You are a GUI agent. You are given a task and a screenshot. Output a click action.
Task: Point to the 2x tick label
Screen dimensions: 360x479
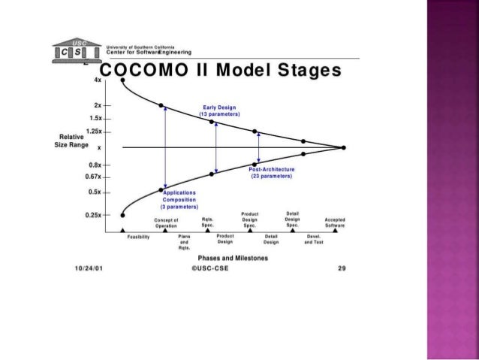click(x=99, y=105)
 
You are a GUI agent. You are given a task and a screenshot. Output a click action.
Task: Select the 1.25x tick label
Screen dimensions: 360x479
click(x=95, y=131)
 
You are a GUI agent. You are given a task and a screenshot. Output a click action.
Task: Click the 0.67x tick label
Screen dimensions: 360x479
click(x=95, y=177)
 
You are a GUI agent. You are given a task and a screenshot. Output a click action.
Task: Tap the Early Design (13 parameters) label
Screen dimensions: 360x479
click(x=220, y=110)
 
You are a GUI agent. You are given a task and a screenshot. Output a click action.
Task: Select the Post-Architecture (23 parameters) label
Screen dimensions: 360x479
click(x=271, y=174)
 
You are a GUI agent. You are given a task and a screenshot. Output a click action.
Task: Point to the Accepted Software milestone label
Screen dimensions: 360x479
click(x=335, y=222)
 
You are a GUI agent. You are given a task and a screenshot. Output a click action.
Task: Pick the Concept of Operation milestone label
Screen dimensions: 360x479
click(x=165, y=222)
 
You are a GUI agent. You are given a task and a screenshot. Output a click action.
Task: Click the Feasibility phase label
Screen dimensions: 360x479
click(x=138, y=237)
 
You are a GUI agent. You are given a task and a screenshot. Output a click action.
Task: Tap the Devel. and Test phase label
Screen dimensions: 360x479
click(x=315, y=239)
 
